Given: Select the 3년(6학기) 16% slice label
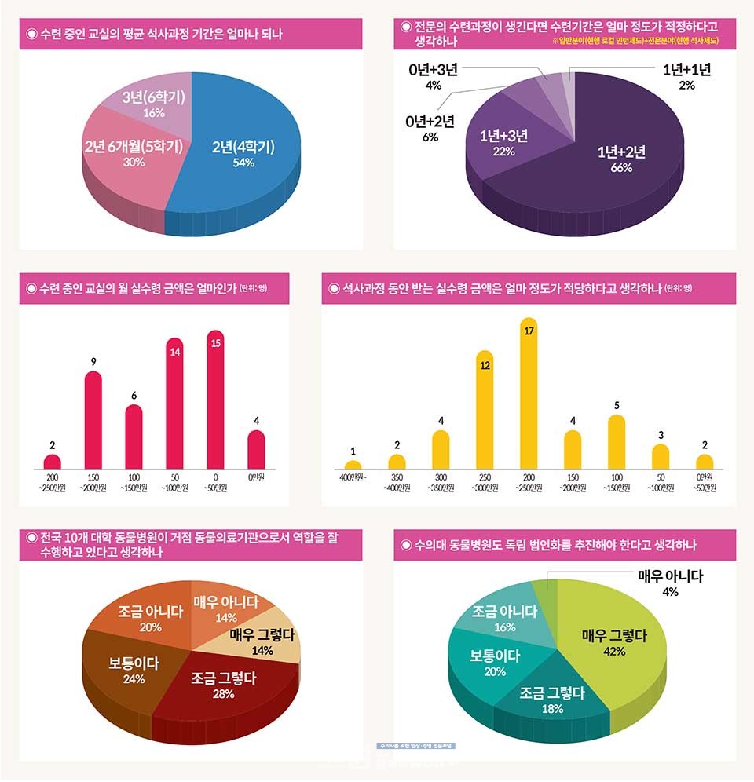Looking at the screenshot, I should [x=154, y=104].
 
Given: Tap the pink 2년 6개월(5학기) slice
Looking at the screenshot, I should [x=134, y=153].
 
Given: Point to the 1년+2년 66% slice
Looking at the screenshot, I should [x=620, y=157].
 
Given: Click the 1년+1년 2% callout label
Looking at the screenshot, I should [x=686, y=77].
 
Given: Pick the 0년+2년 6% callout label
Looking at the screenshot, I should [x=430, y=129].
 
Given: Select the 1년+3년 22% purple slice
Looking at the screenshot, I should [x=503, y=142].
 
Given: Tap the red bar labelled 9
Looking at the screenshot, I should [x=93, y=420].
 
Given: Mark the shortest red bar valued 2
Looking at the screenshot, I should [x=53, y=462].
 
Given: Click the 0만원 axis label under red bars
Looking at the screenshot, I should [x=256, y=477].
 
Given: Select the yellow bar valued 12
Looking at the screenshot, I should [x=485, y=412].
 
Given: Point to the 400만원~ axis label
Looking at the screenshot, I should [x=353, y=477].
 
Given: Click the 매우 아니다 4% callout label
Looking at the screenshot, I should [x=670, y=583].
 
